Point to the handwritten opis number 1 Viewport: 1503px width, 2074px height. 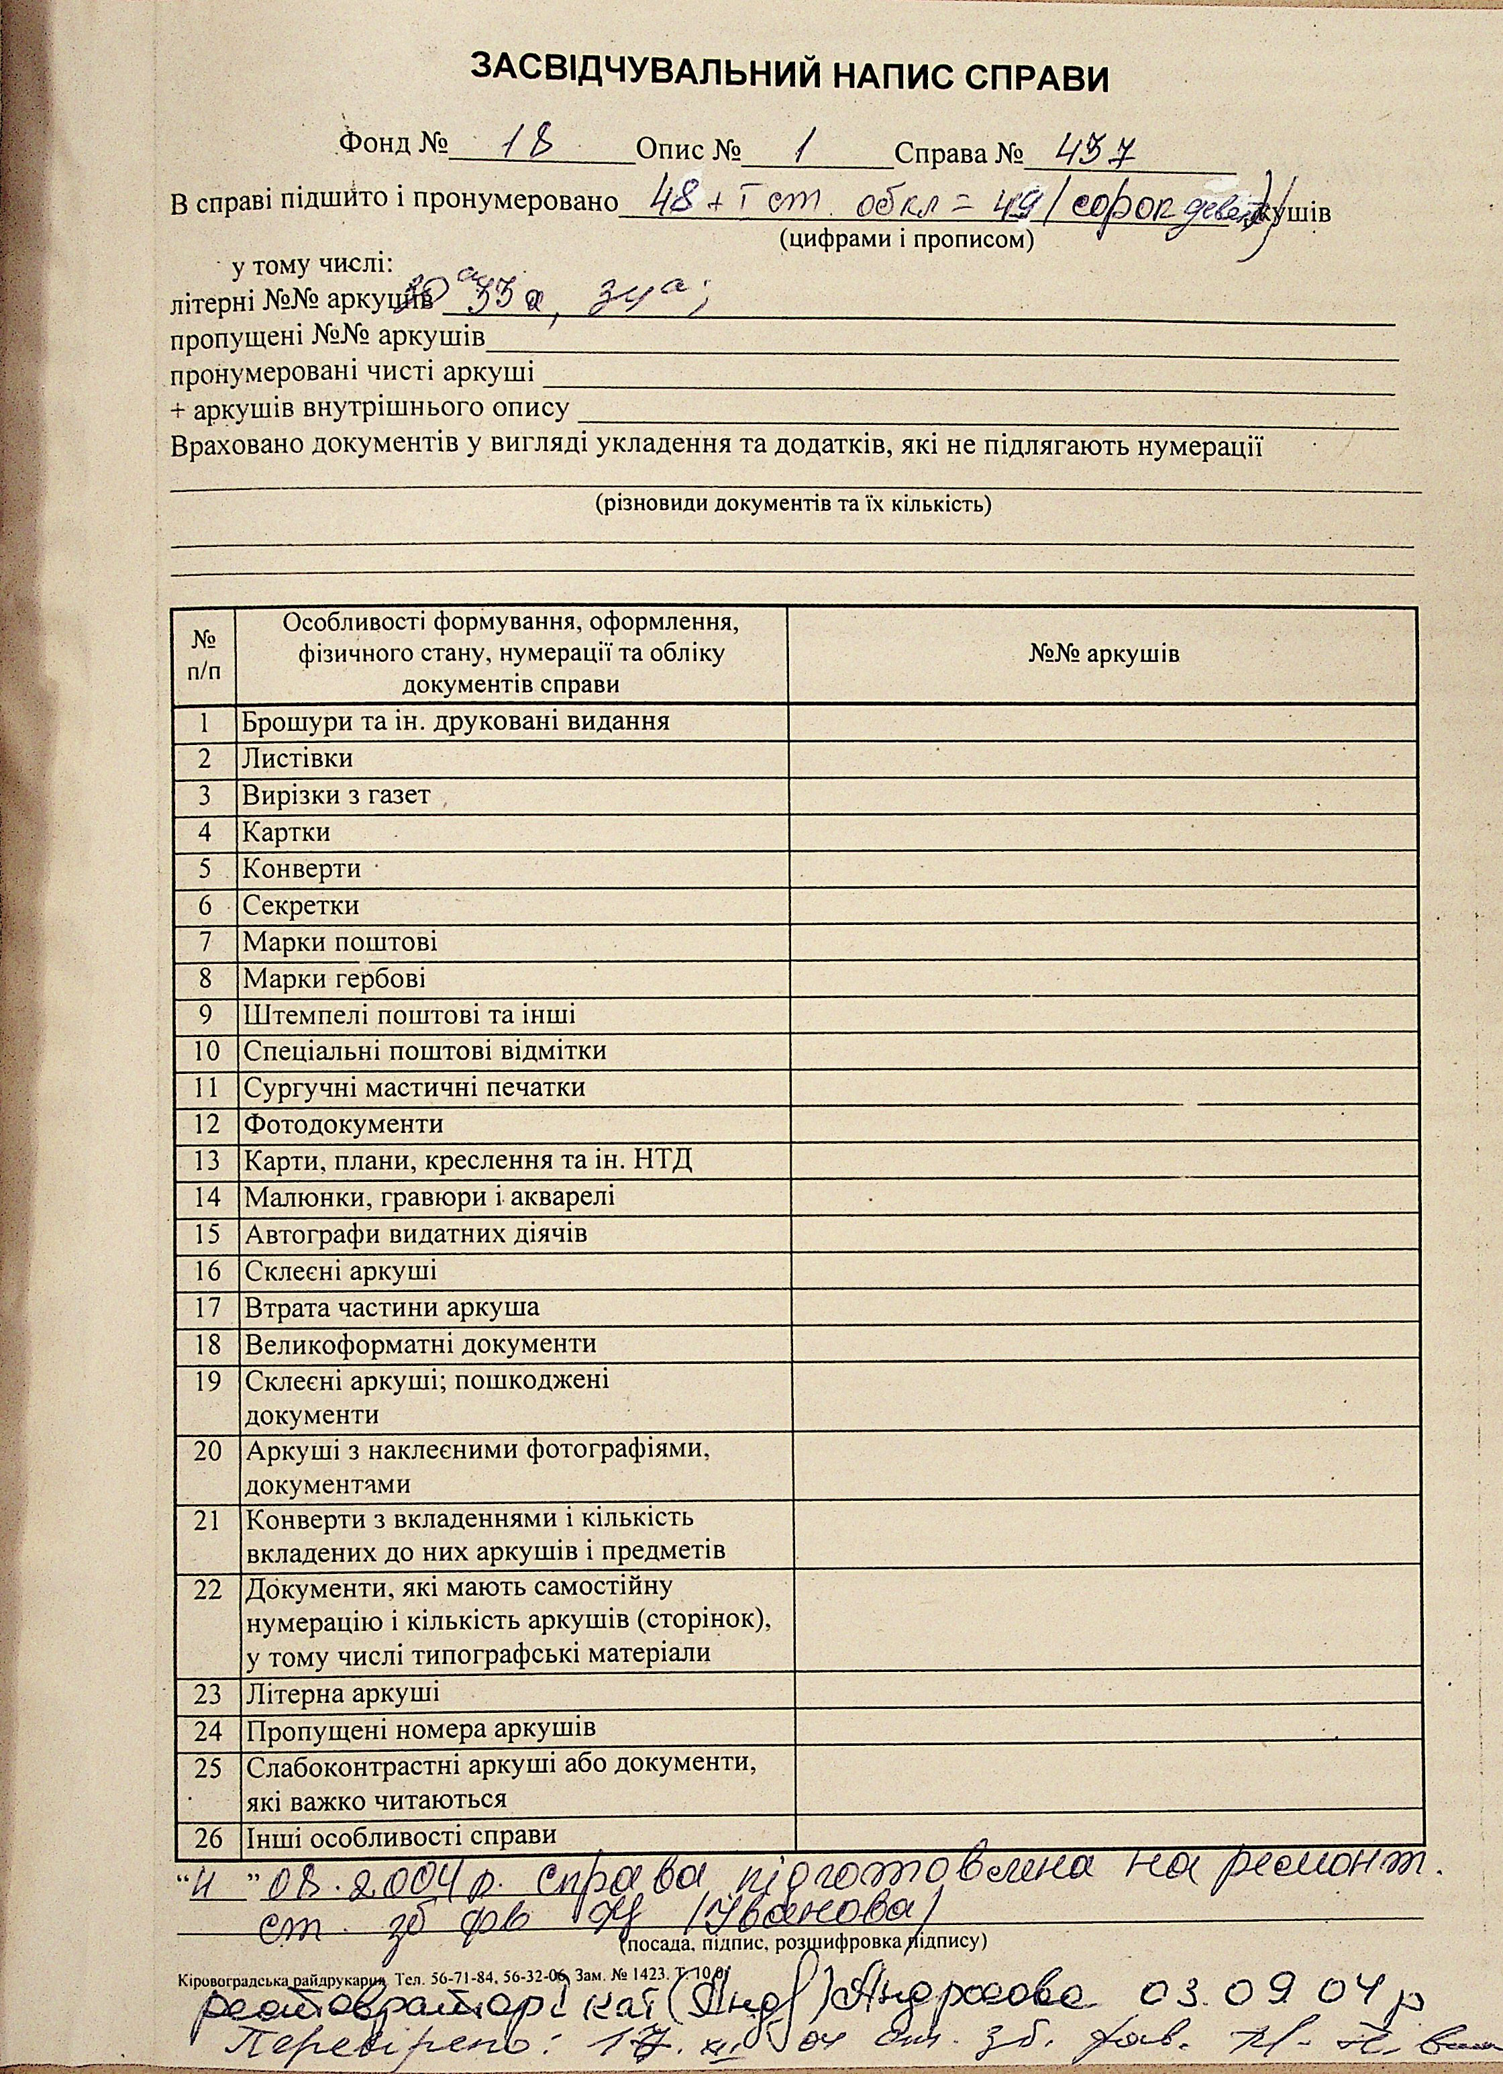805,144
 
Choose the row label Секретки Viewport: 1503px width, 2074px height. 301,906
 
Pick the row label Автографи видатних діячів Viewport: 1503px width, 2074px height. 415,1234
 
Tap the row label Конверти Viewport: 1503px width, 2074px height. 302,869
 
